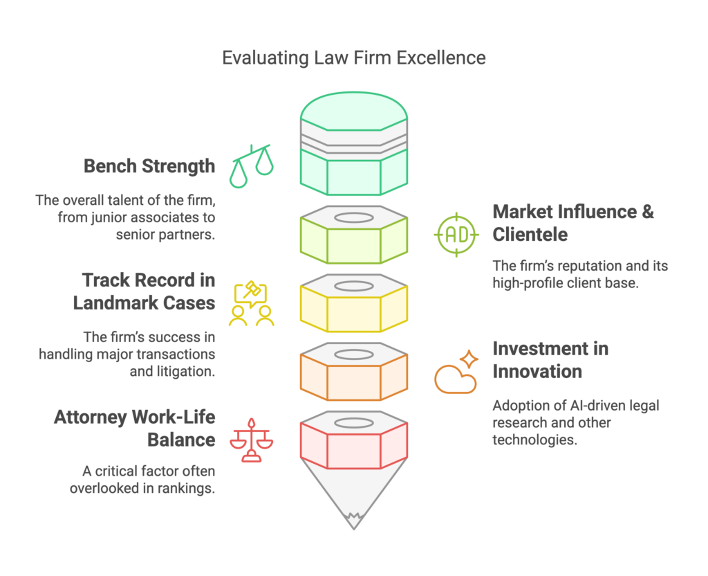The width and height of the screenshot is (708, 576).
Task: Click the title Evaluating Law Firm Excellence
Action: click(x=353, y=57)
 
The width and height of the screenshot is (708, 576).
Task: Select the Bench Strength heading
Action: click(x=149, y=166)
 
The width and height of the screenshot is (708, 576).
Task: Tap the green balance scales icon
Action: click(x=251, y=166)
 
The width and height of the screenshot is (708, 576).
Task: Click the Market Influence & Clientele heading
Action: click(x=572, y=222)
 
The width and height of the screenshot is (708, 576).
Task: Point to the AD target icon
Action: click(x=456, y=235)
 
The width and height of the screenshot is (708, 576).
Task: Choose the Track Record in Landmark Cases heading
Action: click(x=148, y=291)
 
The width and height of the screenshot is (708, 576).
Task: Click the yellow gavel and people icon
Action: click(x=251, y=303)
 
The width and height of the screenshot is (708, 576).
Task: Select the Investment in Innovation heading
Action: click(x=550, y=360)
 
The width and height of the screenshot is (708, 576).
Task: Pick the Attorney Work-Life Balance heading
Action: click(x=135, y=429)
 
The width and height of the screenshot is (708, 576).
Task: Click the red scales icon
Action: click(x=251, y=440)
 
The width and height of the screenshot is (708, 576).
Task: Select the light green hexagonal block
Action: click(x=353, y=240)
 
